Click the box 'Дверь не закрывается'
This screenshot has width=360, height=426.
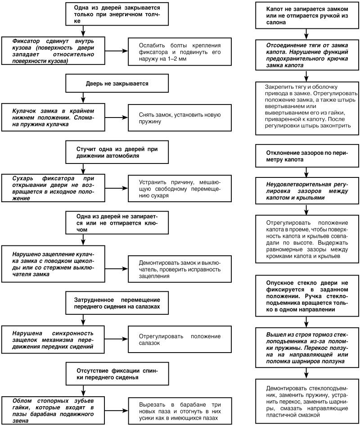click(117, 83)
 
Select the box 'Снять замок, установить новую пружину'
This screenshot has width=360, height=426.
click(180, 118)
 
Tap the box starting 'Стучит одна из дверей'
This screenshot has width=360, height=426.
click(117, 152)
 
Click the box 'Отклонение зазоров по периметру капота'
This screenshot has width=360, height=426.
click(306, 156)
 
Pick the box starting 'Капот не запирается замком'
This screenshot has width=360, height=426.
click(306, 15)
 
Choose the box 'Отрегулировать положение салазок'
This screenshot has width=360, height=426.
click(180, 340)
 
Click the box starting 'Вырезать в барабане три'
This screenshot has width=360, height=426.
click(180, 411)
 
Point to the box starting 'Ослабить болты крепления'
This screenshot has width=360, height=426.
click(180, 52)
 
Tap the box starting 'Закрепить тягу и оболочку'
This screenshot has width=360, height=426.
click(306, 109)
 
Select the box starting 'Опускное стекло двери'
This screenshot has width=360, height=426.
click(306, 296)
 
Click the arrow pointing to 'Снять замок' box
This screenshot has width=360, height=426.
click(117, 118)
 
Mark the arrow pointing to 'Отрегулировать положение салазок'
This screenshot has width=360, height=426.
click(117, 339)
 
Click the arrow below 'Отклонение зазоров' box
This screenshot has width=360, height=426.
click(306, 172)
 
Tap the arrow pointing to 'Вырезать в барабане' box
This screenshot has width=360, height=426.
click(117, 411)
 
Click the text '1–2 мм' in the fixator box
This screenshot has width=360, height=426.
click(177, 59)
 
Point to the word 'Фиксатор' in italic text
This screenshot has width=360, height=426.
click(26, 41)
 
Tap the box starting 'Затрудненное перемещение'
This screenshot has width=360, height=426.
click(117, 303)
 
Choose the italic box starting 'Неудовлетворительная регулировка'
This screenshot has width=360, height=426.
click(306, 191)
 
